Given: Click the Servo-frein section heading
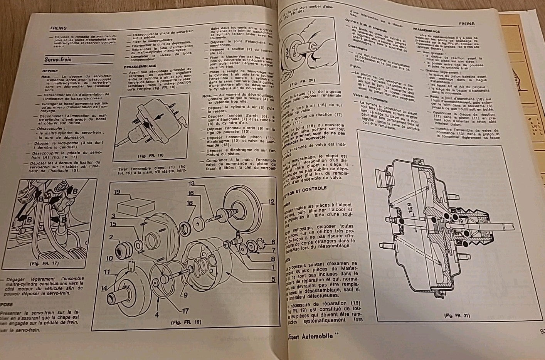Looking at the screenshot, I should (x=58, y=60).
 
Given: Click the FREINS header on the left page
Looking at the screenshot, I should (x=58, y=28).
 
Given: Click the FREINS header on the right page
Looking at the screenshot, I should (x=466, y=24).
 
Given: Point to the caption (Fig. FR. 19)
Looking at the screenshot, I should (x=184, y=322).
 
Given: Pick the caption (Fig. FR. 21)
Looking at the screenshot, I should (x=457, y=316).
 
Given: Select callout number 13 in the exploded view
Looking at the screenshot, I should (x=192, y=183).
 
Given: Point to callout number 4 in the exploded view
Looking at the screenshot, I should (x=156, y=315).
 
